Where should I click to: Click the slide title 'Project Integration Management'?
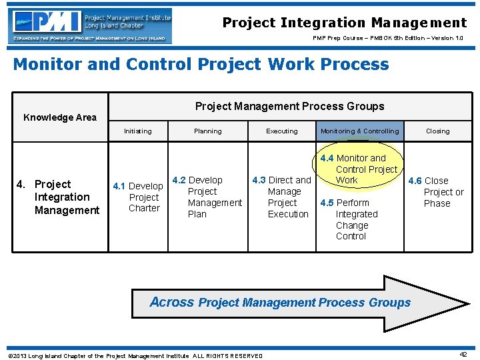(345, 23)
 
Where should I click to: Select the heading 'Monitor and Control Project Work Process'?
(201, 65)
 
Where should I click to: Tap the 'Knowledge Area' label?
(60, 117)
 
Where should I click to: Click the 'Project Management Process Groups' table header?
(289, 106)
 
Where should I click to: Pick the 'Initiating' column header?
(137, 131)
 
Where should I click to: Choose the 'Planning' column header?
(207, 131)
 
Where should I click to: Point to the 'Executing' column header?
(282, 131)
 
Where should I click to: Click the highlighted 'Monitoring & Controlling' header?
(359, 131)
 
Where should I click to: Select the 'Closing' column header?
(438, 131)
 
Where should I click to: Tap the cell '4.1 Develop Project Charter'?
(139, 197)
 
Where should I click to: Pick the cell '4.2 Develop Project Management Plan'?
(207, 197)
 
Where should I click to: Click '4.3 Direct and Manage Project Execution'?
(282, 197)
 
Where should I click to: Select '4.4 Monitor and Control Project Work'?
(359, 169)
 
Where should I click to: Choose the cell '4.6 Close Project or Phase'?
(437, 192)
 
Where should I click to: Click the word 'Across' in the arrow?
(172, 302)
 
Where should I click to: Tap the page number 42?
(463, 355)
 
